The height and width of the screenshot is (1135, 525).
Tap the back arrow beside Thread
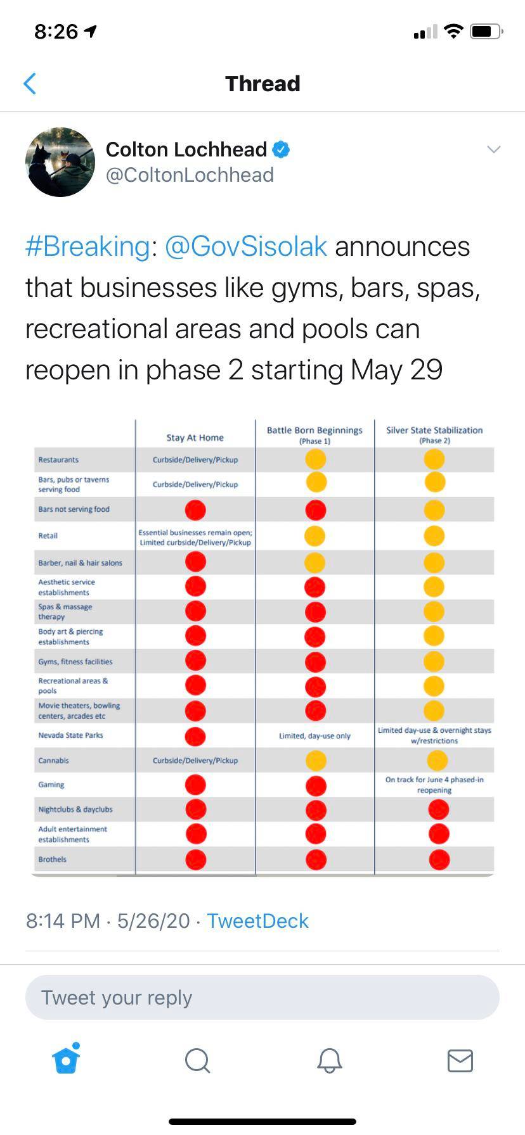coord(30,84)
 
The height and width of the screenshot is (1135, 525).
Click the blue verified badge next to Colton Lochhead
coord(281,149)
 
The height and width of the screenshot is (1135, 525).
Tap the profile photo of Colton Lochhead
coord(60,162)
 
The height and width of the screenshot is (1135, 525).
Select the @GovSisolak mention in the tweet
coord(246,246)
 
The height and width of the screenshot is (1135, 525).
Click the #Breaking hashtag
coord(87,246)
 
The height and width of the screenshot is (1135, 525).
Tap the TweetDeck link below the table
coord(257,920)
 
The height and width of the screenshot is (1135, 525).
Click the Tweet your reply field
coord(262,998)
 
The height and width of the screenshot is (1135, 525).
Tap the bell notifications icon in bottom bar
coord(329,1060)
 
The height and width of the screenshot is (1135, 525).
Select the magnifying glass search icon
coord(197,1060)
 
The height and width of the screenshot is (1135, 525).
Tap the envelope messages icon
coord(460,1060)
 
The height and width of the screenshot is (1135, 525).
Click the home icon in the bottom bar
coord(67,1059)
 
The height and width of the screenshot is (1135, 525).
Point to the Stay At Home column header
coord(195,438)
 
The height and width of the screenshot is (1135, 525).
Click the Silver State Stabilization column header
coord(434,434)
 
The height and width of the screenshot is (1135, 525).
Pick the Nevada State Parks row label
coord(70,735)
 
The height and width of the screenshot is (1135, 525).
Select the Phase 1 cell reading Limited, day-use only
coord(314,736)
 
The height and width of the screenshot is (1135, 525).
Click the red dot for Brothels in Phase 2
coord(439,859)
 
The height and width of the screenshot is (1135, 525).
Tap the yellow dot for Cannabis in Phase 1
coord(315,760)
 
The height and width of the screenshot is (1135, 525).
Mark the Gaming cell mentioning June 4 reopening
coord(434,785)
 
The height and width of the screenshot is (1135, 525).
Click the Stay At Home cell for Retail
coord(195,537)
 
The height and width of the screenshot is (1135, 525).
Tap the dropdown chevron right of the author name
coord(493,149)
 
